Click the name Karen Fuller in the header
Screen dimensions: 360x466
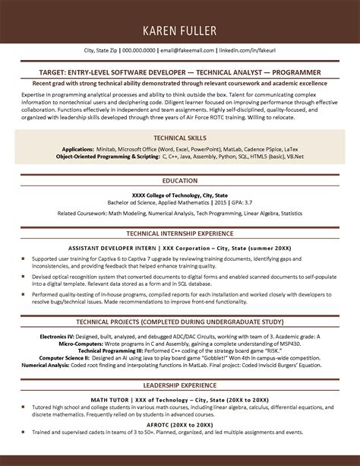click(179, 31)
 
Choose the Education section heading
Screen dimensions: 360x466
click(179, 181)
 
